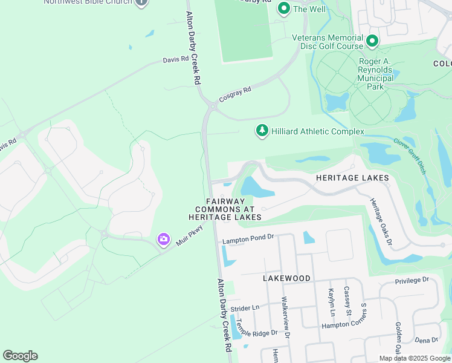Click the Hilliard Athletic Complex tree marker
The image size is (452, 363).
[262, 131]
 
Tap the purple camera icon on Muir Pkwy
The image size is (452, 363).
[163, 239]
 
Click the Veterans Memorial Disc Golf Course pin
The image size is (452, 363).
[372, 41]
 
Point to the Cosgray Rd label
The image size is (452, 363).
[234, 93]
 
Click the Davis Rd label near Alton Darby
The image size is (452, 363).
[176, 60]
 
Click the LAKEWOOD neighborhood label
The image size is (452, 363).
[286, 278]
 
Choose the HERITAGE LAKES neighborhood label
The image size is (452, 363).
[352, 178]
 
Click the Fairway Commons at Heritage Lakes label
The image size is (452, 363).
[225, 209]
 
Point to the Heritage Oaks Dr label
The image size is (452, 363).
[381, 223]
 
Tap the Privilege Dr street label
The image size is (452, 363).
[412, 280]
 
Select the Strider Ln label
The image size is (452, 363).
[244, 307]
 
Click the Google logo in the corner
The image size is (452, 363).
[20, 356]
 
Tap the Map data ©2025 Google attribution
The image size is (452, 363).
[415, 358]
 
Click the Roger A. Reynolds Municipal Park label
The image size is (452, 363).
[375, 74]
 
